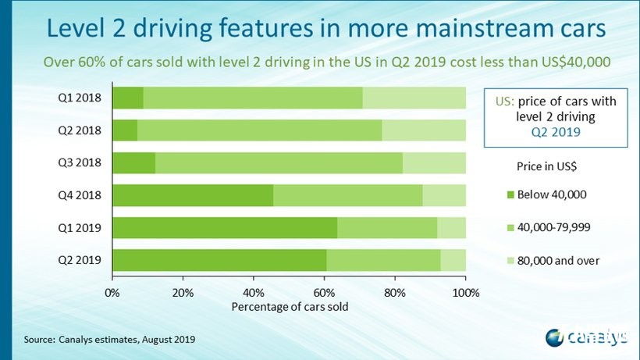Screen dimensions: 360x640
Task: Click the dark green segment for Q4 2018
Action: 193,195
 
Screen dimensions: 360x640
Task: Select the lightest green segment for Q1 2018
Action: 414,98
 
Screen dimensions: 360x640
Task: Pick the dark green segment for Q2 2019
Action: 219,260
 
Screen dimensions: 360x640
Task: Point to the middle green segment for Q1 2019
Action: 387,228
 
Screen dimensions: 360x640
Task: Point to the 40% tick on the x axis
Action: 254,292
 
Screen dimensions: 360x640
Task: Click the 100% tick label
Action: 466,292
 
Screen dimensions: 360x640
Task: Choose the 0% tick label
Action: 112,292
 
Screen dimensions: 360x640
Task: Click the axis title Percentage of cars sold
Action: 290,306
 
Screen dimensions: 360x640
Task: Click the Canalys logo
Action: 586,337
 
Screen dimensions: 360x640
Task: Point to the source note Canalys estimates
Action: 109,340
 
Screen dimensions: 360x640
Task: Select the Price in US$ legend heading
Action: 546,166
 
